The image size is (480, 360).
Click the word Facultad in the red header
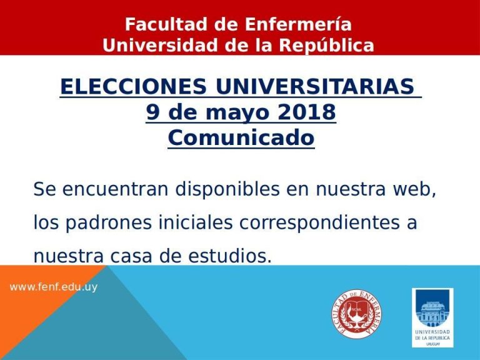(x=166, y=24)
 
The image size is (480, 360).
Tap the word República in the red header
(x=326, y=45)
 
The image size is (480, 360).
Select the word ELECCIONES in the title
(x=134, y=86)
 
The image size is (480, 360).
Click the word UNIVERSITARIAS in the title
(x=315, y=86)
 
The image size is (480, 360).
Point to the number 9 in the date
(x=153, y=112)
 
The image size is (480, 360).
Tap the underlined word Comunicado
(x=241, y=137)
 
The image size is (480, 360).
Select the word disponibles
(x=227, y=189)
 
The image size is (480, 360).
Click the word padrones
(x=109, y=222)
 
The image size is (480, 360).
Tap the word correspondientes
(x=319, y=222)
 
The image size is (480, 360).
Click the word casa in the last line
(x=131, y=256)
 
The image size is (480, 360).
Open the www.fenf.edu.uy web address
(x=54, y=287)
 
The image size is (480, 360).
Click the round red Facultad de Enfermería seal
(x=357, y=314)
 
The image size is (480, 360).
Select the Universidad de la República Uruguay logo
(x=432, y=317)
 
